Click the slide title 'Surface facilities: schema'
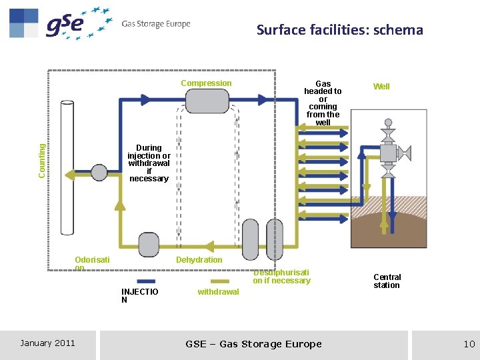pos(339,30)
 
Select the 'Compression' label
pos(207,83)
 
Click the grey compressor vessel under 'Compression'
pos(207,101)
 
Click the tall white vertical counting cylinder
pos(67,167)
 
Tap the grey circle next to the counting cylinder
pos(99,173)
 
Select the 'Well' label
pos(381,87)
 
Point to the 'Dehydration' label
pos(199,260)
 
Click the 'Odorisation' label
pos(92,263)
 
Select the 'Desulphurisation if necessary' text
pos(281,277)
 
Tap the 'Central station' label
pos(387,281)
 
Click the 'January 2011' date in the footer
pos(47,343)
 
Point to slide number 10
pos(469,344)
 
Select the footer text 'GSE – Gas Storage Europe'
pos(253,344)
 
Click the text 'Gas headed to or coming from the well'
pos(323,103)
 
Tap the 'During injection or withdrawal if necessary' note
pos(149,163)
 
